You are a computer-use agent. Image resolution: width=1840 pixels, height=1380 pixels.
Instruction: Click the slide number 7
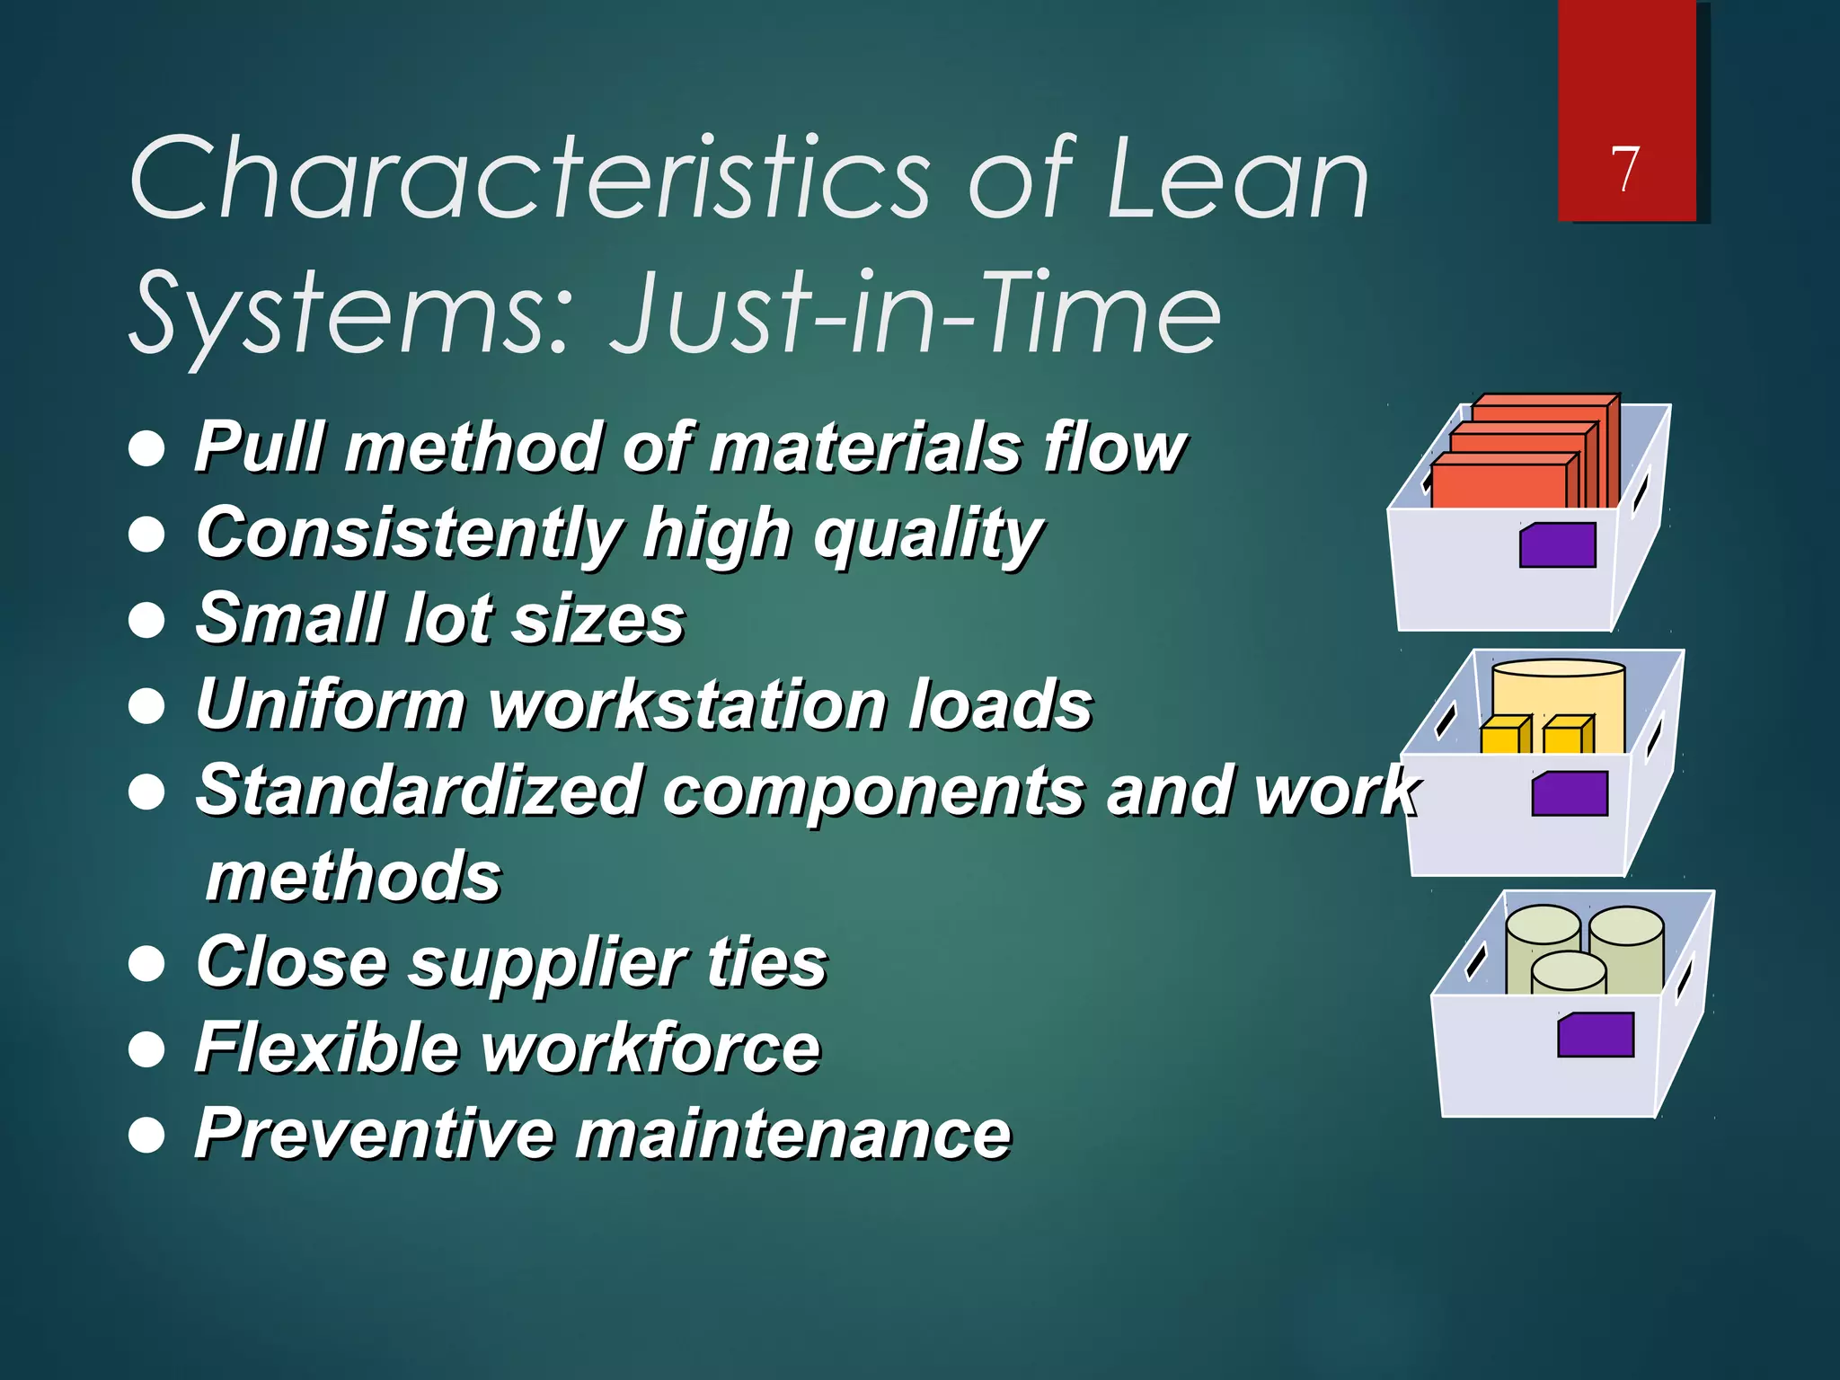pyautogui.click(x=1624, y=169)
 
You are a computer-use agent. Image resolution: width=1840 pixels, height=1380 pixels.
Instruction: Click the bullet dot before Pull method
pyautogui.click(x=146, y=448)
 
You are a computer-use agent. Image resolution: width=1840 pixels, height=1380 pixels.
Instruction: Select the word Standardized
pyautogui.click(x=418, y=791)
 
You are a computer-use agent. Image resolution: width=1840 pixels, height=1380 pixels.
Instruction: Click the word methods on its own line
pyautogui.click(x=353, y=877)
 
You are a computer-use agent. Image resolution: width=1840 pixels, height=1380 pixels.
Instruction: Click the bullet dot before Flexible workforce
pyautogui.click(x=146, y=1048)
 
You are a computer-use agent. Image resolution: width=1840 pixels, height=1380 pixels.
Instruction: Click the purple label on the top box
pyautogui.click(x=1558, y=545)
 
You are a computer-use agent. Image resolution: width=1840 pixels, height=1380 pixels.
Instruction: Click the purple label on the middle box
pyautogui.click(x=1570, y=793)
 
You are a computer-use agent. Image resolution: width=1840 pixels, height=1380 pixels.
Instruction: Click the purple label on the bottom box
pyautogui.click(x=1596, y=1035)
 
